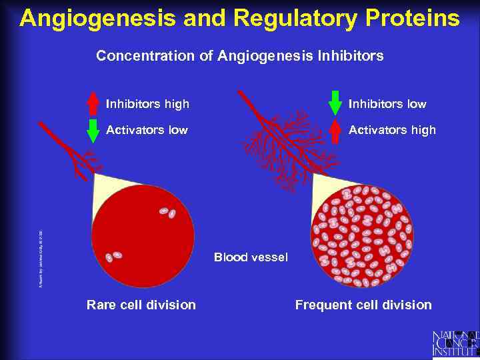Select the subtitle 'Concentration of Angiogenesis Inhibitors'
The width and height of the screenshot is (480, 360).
pyautogui.click(x=239, y=56)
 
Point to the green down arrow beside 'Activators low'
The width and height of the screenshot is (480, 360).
pyautogui.click(x=93, y=131)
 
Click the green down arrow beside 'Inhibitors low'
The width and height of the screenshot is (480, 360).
pyautogui.click(x=335, y=103)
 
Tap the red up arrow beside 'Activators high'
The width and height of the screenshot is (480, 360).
pyautogui.click(x=335, y=131)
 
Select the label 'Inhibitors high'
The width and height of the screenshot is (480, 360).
pyautogui.click(x=147, y=104)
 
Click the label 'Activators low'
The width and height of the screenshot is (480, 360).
pyautogui.click(x=147, y=130)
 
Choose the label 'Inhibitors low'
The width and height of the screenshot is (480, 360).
pyautogui.click(x=387, y=104)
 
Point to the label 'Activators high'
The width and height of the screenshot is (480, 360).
pyautogui.click(x=392, y=130)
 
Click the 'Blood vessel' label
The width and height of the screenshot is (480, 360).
pyautogui.click(x=251, y=257)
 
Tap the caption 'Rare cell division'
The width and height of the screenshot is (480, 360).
pyautogui.click(x=141, y=305)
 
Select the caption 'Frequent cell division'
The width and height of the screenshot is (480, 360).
pyautogui.click(x=363, y=305)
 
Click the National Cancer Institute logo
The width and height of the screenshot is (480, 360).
pyautogui.click(x=455, y=343)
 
